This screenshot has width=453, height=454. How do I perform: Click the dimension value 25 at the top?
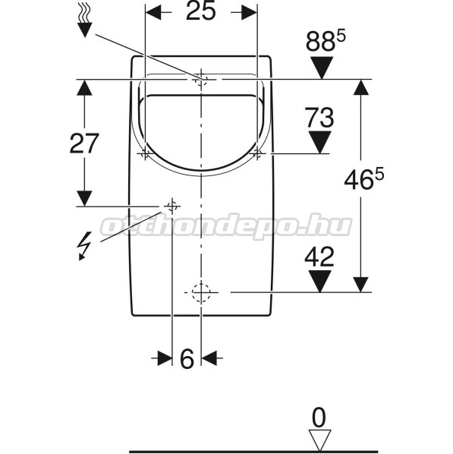coord(200,11)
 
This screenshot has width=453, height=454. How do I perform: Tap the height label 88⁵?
coord(326,41)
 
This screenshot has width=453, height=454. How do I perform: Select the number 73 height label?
coord(319,117)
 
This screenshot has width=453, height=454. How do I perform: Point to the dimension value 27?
coord(84,143)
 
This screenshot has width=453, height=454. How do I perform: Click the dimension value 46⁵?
coord(363,179)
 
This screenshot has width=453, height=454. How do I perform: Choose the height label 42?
coord(319,257)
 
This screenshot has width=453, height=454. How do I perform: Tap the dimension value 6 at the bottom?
coord(187,358)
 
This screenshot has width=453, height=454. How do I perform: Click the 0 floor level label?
coord(319,418)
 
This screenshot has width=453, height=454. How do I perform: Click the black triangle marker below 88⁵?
coord(322,68)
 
